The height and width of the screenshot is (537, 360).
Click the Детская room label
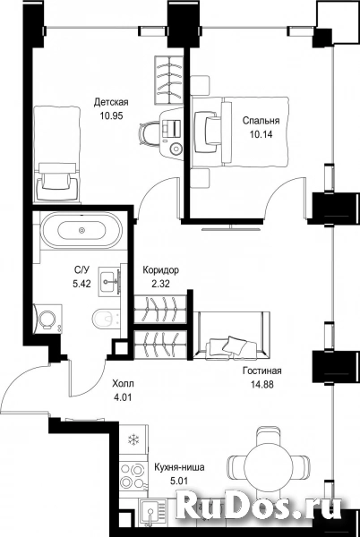111,102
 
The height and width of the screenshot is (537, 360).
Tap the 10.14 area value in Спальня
261,134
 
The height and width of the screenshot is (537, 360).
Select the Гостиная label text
262,371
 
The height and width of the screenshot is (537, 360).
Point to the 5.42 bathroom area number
81,284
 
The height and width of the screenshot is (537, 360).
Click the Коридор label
160,270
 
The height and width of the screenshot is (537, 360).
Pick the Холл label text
124,384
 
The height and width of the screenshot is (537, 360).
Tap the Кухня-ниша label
179,467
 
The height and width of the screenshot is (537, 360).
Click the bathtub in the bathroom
81,230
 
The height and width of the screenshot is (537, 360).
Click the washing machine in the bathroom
48,318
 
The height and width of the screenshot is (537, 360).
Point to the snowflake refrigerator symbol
133,439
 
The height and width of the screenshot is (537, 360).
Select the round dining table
269,465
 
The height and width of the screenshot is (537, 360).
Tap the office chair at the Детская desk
149,134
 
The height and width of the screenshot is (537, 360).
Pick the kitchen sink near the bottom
151,511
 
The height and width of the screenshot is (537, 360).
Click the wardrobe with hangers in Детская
169,81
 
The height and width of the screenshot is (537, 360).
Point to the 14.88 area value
262,385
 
